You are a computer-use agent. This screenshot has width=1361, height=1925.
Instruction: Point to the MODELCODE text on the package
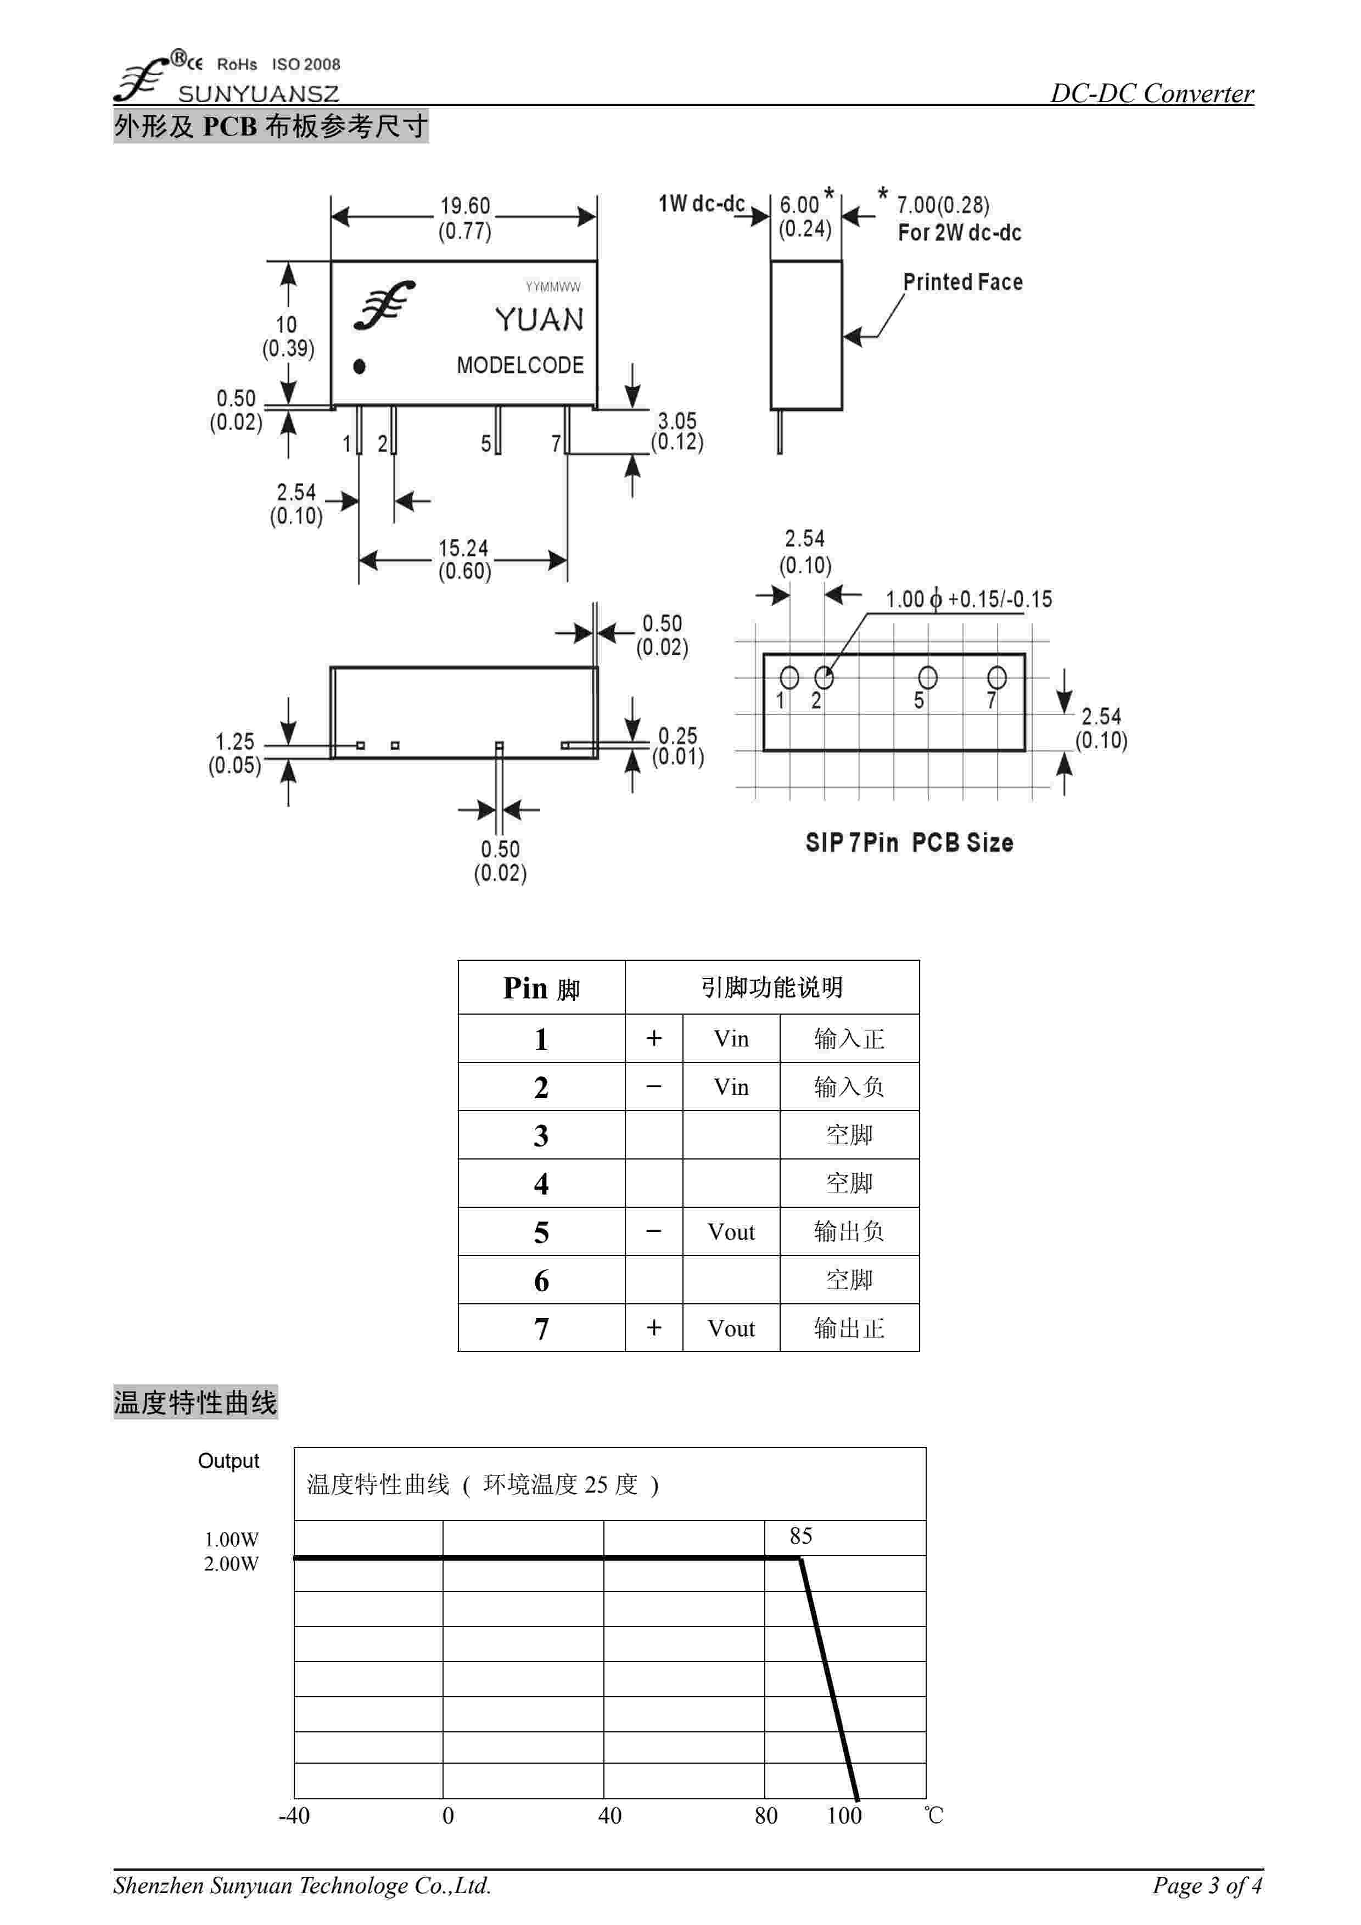click(x=520, y=365)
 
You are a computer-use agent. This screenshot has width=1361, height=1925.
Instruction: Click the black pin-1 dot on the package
click(x=359, y=367)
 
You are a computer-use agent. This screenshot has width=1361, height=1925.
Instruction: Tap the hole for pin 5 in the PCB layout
click(x=927, y=677)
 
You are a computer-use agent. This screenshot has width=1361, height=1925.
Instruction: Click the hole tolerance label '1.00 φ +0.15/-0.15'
click(x=968, y=599)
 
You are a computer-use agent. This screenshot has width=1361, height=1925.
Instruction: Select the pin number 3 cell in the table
click(x=541, y=1136)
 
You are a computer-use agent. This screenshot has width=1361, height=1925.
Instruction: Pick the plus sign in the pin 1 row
click(x=654, y=1039)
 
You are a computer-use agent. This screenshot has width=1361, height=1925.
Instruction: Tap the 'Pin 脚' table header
click(x=541, y=988)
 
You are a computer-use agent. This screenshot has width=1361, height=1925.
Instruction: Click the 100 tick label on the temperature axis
click(x=844, y=1816)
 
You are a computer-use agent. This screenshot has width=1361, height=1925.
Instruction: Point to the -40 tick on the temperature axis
click(x=294, y=1816)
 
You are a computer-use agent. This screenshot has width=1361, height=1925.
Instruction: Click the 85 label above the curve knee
click(x=801, y=1536)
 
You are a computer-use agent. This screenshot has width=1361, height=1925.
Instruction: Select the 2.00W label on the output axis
click(x=232, y=1563)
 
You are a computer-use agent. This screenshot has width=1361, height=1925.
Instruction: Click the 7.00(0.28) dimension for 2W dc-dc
click(x=943, y=205)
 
